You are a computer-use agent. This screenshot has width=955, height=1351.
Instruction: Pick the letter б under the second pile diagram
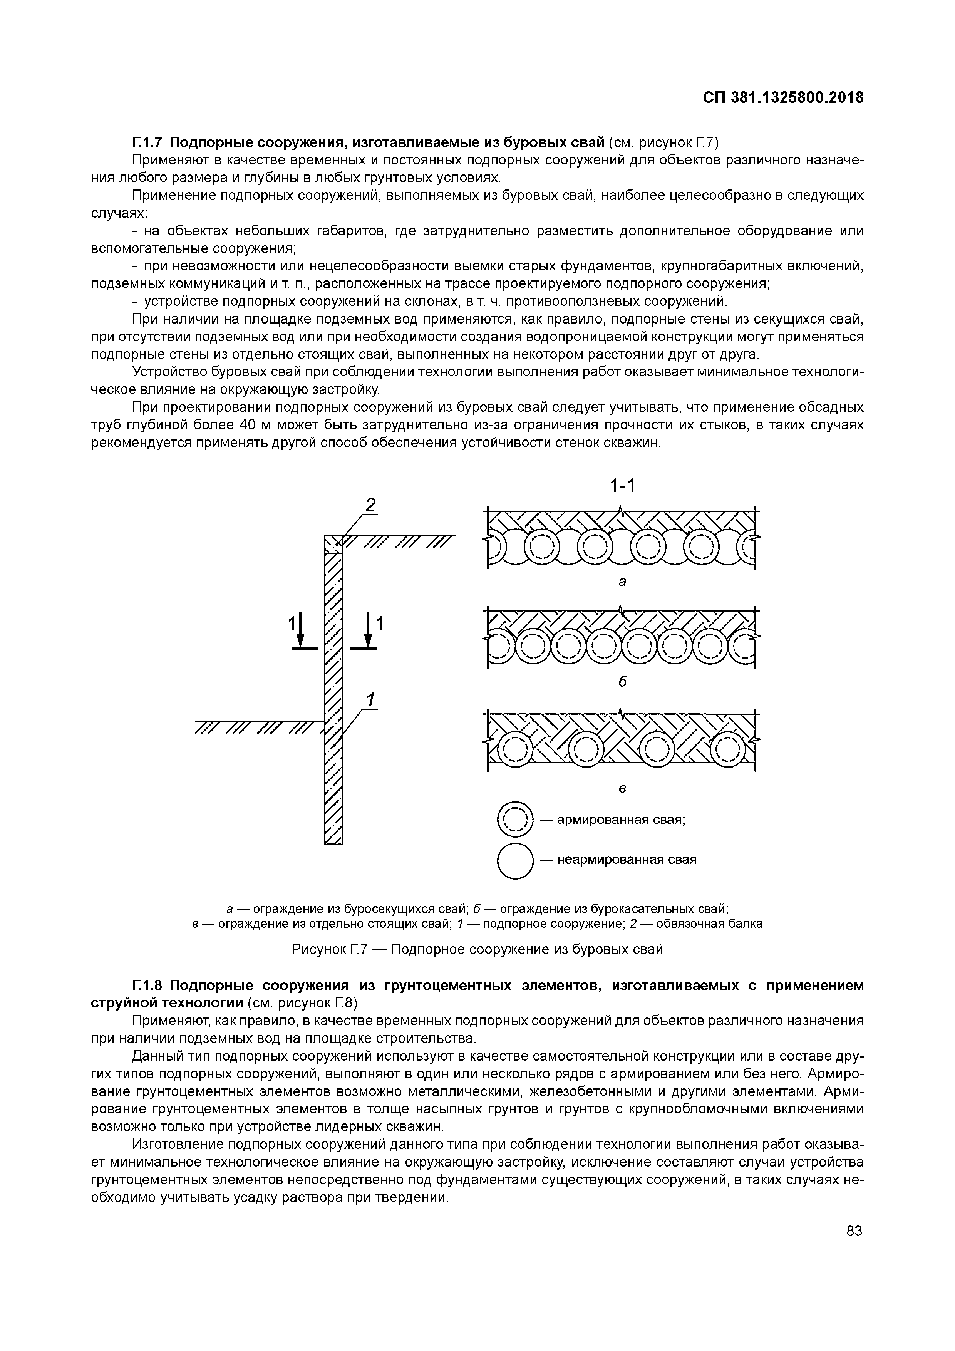click(622, 682)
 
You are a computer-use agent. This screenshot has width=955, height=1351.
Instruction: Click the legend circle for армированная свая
click(515, 819)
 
